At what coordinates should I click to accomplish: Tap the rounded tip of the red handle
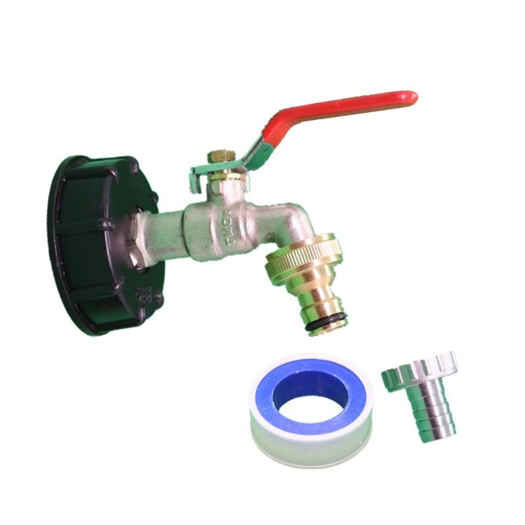click(411, 96)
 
